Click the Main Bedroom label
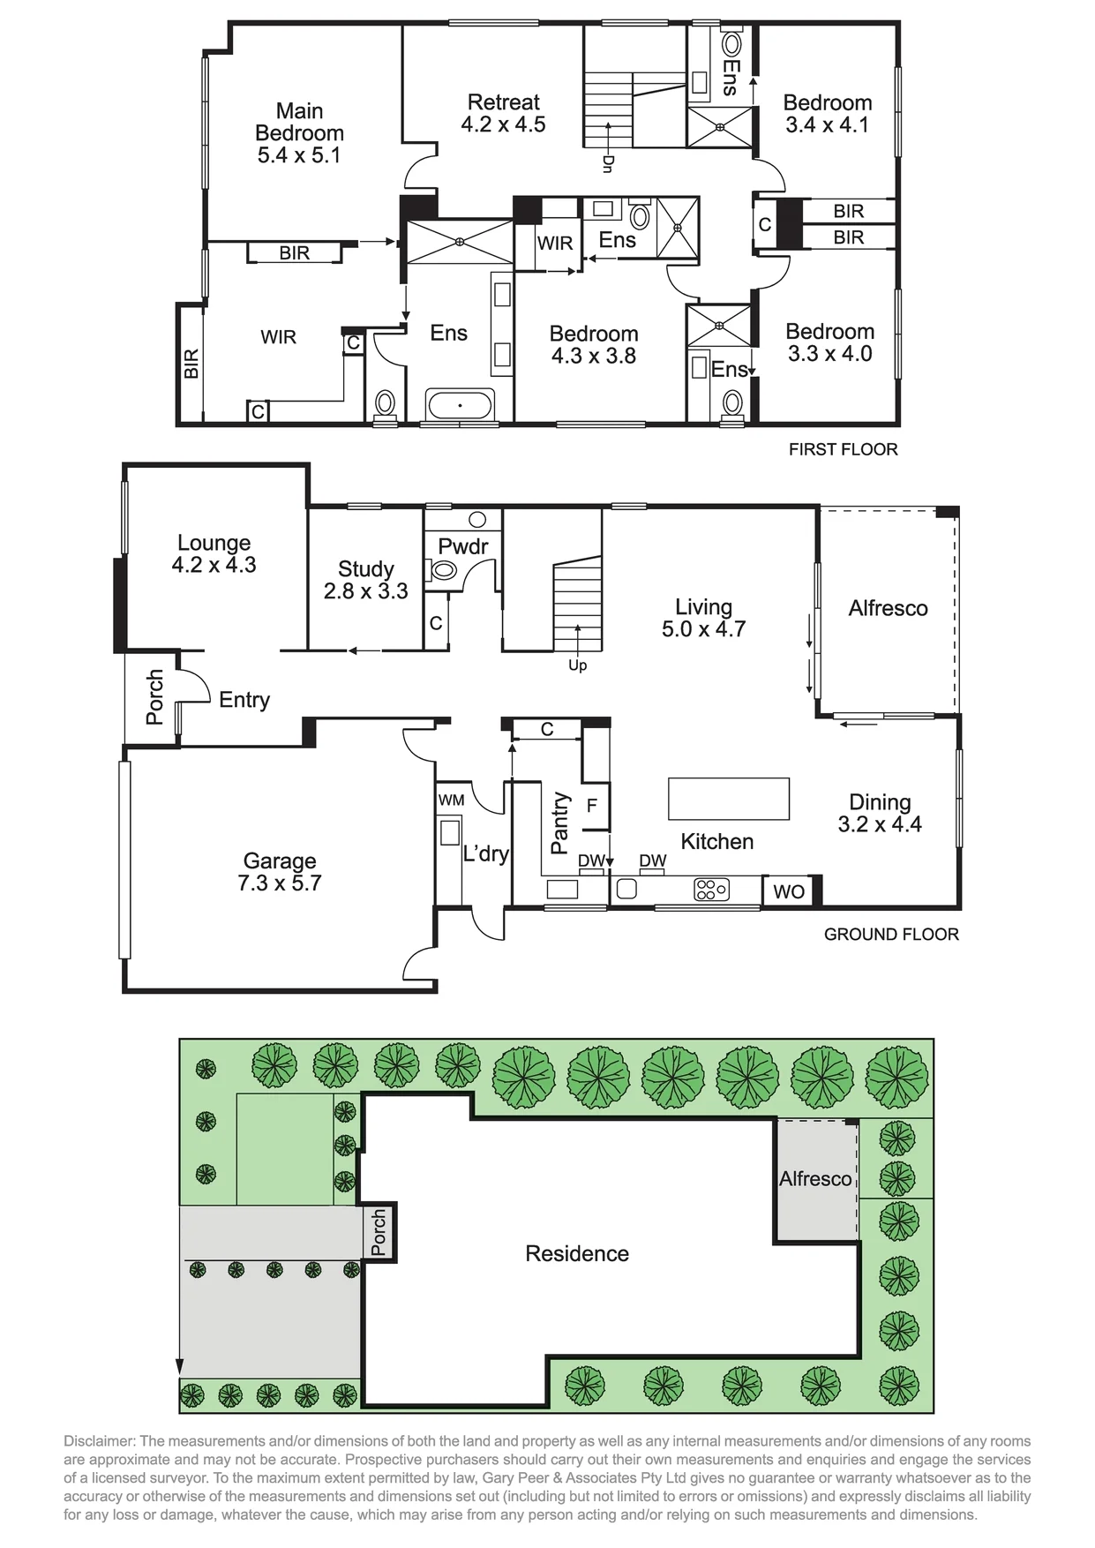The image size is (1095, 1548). coord(299,132)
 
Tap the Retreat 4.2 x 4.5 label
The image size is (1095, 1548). coord(503,113)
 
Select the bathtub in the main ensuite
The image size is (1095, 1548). coord(460,405)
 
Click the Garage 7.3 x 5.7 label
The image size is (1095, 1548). coord(280,871)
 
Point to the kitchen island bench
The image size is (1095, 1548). coord(729,799)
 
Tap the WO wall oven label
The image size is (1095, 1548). coord(789,891)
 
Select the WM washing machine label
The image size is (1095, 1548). coord(451,800)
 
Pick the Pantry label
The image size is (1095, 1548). coord(559,823)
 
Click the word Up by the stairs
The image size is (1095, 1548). coord(578,665)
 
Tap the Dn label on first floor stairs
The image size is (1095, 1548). coord(608,163)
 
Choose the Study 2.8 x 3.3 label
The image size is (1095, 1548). coord(366,580)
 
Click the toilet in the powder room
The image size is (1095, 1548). coord(444,570)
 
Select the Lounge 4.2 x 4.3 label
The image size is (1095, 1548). coord(214,553)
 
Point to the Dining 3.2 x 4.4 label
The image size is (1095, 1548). coord(880,813)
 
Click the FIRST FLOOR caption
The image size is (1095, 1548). coord(844,449)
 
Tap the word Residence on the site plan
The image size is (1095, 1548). coord(577,1253)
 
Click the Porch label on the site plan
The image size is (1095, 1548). coord(379,1232)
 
